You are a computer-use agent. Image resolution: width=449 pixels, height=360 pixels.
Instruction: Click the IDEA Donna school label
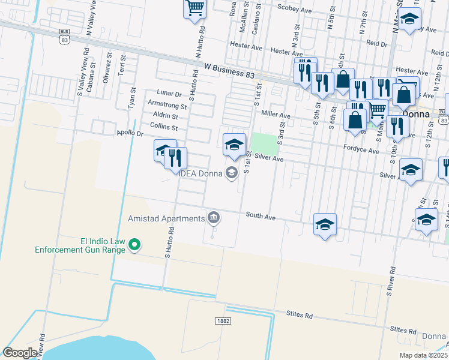pos(200,173)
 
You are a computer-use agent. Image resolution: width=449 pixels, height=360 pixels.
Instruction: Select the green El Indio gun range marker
pos(135,244)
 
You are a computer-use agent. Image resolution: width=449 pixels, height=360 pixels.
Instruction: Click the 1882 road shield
pos(221,321)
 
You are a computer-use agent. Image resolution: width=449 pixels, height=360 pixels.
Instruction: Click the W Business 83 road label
pos(229,71)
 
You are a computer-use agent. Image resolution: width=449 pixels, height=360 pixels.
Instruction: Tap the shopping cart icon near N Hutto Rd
pos(194,8)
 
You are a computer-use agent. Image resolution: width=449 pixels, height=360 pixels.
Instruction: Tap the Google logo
pos(20,353)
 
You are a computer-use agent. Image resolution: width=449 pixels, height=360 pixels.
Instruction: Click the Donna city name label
pos(415,112)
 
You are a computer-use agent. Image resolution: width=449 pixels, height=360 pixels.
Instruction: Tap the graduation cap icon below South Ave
pos(325,224)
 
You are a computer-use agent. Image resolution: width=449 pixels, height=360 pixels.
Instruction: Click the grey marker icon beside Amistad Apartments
pos(213,217)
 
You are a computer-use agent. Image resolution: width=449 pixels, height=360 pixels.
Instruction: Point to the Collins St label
pos(164,127)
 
